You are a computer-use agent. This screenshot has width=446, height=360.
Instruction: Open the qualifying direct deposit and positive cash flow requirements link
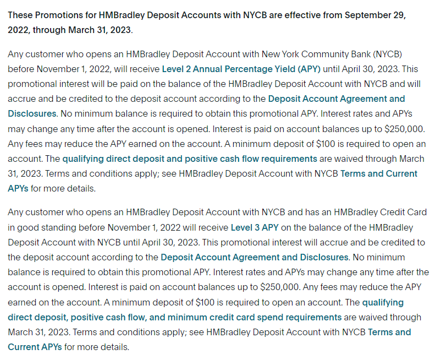click(x=190, y=159)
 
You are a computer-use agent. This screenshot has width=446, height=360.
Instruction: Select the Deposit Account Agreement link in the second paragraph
click(x=255, y=257)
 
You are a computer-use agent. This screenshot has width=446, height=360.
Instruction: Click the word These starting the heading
click(x=20, y=15)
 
